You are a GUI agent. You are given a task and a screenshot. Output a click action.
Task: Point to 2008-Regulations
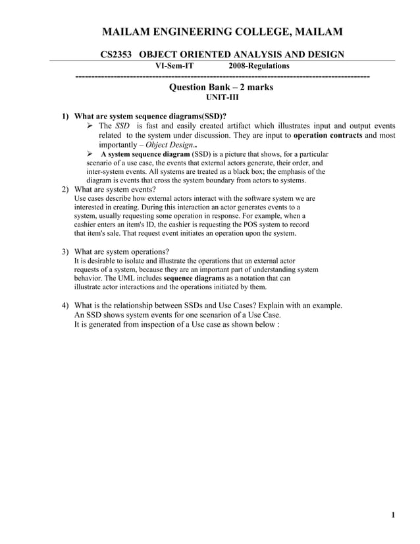(x=259, y=66)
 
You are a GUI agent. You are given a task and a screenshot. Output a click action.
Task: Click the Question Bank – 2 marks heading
(x=221, y=87)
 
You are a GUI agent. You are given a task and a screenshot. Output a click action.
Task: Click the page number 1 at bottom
(x=392, y=515)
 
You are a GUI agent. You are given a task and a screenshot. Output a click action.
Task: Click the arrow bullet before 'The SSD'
(x=92, y=126)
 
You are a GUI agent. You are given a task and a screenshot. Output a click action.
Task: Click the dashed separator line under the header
(x=223, y=78)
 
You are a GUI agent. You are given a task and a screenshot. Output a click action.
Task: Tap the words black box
(x=242, y=172)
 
